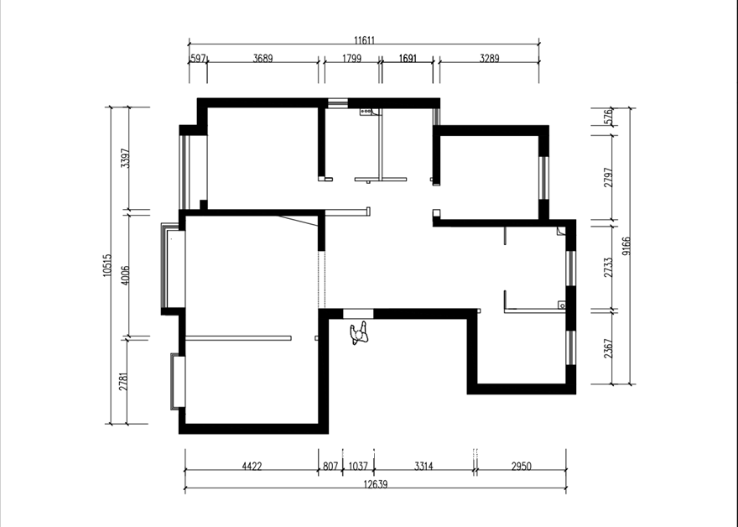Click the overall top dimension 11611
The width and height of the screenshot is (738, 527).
[x=364, y=40]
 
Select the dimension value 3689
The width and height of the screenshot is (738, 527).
[x=262, y=59]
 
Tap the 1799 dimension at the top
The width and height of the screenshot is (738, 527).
[x=351, y=59]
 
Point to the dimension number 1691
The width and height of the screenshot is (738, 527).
[x=408, y=59]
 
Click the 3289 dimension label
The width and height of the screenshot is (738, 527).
[x=490, y=59]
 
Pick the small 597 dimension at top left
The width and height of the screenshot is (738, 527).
[x=198, y=59]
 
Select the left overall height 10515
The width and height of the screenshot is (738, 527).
[x=107, y=265]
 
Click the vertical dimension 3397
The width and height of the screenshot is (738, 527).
[x=125, y=159]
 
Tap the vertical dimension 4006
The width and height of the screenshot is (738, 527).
[x=125, y=275]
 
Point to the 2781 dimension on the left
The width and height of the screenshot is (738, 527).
[x=123, y=382]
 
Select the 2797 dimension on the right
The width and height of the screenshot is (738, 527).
[x=609, y=178]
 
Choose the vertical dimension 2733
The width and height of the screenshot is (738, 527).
[x=609, y=267]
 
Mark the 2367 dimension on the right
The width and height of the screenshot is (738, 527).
[x=609, y=348]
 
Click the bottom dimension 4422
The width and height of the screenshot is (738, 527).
[x=252, y=467]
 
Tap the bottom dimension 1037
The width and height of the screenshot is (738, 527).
[x=358, y=467]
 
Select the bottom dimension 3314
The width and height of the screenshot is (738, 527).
[x=424, y=467]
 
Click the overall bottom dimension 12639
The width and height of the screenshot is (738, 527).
[x=376, y=484]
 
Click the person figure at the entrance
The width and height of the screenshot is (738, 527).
[x=359, y=333]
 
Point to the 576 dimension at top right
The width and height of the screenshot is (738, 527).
[x=609, y=117]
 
